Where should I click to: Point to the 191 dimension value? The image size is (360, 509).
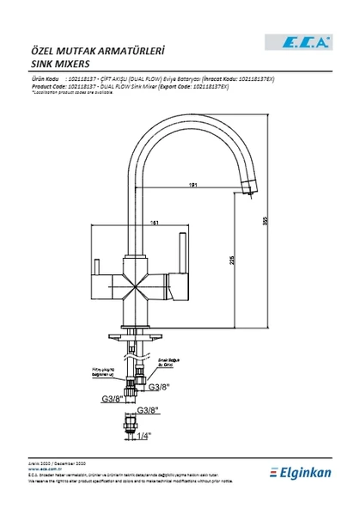tap(196, 183)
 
